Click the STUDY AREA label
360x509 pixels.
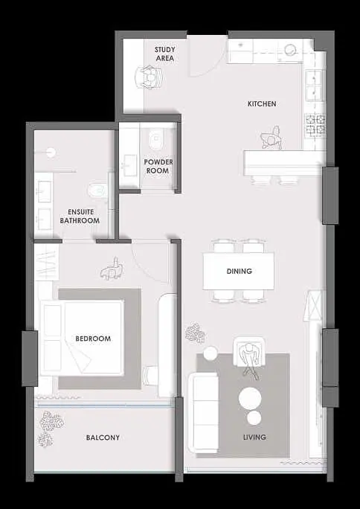165,54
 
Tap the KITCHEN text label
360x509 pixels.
262,104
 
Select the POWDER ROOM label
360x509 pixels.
158,166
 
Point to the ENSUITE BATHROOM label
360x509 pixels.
80,217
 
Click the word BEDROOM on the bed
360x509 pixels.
93,339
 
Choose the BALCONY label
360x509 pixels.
103,438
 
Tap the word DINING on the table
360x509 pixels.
240,271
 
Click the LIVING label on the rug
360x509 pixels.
254,438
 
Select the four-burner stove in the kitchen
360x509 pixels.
315,125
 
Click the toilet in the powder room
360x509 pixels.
156,140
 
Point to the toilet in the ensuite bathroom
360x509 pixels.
97,191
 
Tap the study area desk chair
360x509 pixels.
149,77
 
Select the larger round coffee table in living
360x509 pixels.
250,398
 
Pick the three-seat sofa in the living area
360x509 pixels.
204,412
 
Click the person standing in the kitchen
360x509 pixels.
271,138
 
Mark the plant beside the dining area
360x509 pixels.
196,333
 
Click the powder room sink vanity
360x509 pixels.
129,166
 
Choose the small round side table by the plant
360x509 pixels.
210,353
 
